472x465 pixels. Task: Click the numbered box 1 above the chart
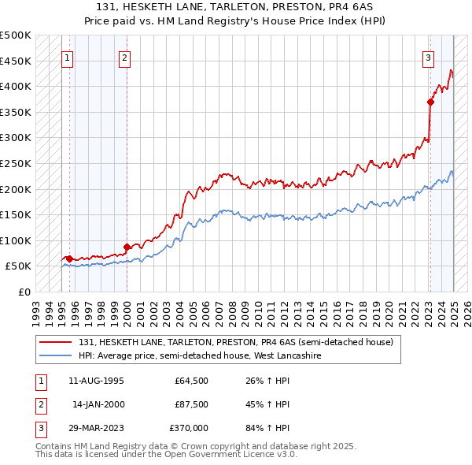click(68, 58)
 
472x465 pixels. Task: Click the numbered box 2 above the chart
click(125, 58)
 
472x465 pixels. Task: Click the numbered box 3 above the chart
click(429, 58)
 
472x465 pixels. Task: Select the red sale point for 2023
click(430, 102)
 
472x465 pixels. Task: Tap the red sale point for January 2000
click(127, 247)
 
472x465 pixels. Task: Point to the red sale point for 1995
click(69, 259)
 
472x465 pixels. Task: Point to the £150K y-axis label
click(16, 214)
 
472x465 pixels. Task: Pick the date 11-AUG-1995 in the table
click(97, 381)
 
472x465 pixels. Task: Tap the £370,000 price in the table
click(188, 428)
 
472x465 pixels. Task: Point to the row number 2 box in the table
click(39, 404)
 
